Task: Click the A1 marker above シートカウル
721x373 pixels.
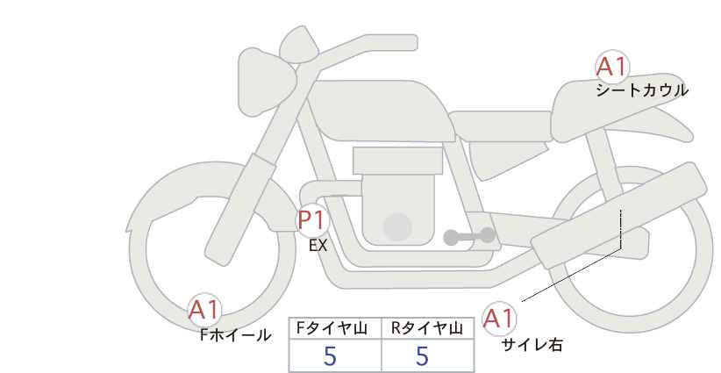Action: click(x=613, y=66)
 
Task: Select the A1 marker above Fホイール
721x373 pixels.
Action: click(x=205, y=310)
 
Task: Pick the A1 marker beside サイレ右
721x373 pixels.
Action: click(x=500, y=318)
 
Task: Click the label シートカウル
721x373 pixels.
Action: click(x=642, y=90)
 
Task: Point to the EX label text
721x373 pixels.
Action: click(x=318, y=247)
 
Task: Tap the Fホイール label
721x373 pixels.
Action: click(x=235, y=335)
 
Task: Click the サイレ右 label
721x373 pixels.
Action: click(x=532, y=345)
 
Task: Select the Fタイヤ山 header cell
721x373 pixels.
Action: click(x=335, y=328)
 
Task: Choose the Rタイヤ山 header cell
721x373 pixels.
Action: click(x=427, y=328)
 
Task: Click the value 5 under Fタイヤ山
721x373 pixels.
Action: click(x=330, y=356)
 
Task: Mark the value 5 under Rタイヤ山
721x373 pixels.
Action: click(x=422, y=356)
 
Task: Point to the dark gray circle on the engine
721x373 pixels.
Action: click(x=398, y=226)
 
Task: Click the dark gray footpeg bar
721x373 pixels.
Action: click(x=468, y=236)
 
